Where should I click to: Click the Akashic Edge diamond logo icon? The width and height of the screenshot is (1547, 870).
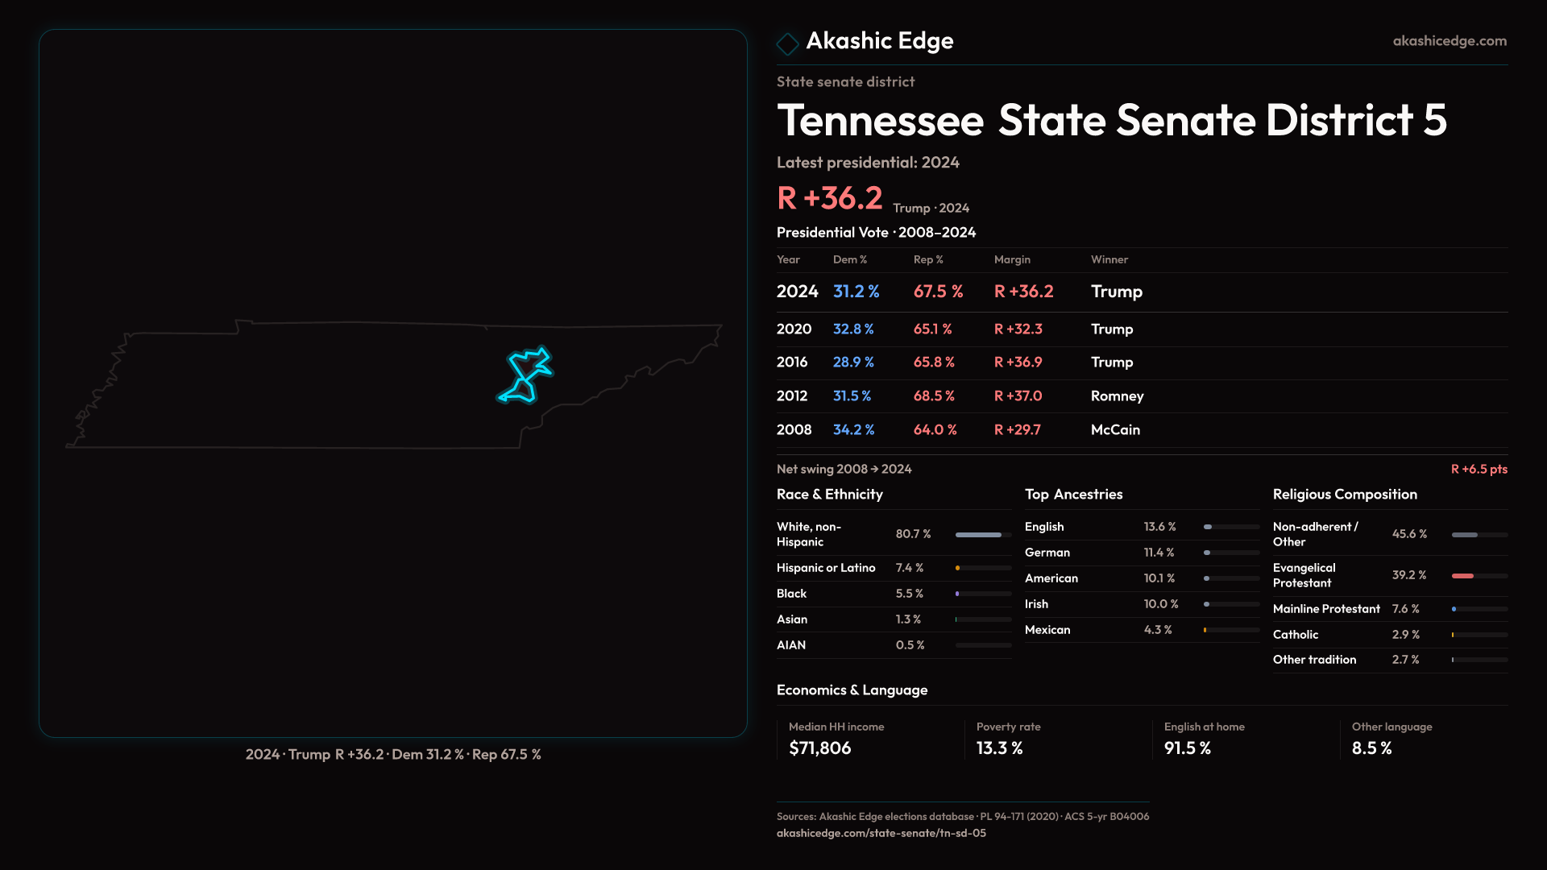click(x=787, y=43)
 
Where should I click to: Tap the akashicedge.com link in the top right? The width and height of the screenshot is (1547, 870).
click(x=1450, y=41)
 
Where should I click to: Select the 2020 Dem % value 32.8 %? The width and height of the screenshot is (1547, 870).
click(x=852, y=329)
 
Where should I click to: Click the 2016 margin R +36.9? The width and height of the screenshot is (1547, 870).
click(x=1018, y=362)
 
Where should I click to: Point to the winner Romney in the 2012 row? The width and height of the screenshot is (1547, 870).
click(x=1117, y=396)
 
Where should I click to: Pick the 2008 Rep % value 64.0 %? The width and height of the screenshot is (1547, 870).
click(x=935, y=430)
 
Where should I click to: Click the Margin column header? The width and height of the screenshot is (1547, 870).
click(x=1012, y=259)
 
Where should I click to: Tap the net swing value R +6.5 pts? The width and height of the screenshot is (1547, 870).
click(x=1479, y=469)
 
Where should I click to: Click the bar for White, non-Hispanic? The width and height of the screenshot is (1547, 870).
click(x=979, y=535)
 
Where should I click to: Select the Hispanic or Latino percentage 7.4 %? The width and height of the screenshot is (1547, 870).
click(x=910, y=568)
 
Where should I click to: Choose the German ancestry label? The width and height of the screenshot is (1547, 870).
click(x=1047, y=553)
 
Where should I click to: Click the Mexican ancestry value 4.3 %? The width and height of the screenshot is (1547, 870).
click(x=1158, y=630)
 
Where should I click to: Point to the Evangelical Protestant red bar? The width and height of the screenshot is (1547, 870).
click(x=1462, y=576)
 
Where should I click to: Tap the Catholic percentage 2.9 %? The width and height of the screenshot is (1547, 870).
click(x=1406, y=635)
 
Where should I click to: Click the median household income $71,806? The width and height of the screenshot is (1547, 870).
click(x=819, y=748)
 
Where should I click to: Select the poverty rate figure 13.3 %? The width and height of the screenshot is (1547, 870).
click(x=999, y=748)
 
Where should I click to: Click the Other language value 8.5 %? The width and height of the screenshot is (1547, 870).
click(x=1371, y=748)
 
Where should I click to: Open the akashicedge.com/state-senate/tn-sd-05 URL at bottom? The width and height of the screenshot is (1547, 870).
click(x=881, y=834)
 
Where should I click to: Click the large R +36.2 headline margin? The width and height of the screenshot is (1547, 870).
click(x=829, y=198)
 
